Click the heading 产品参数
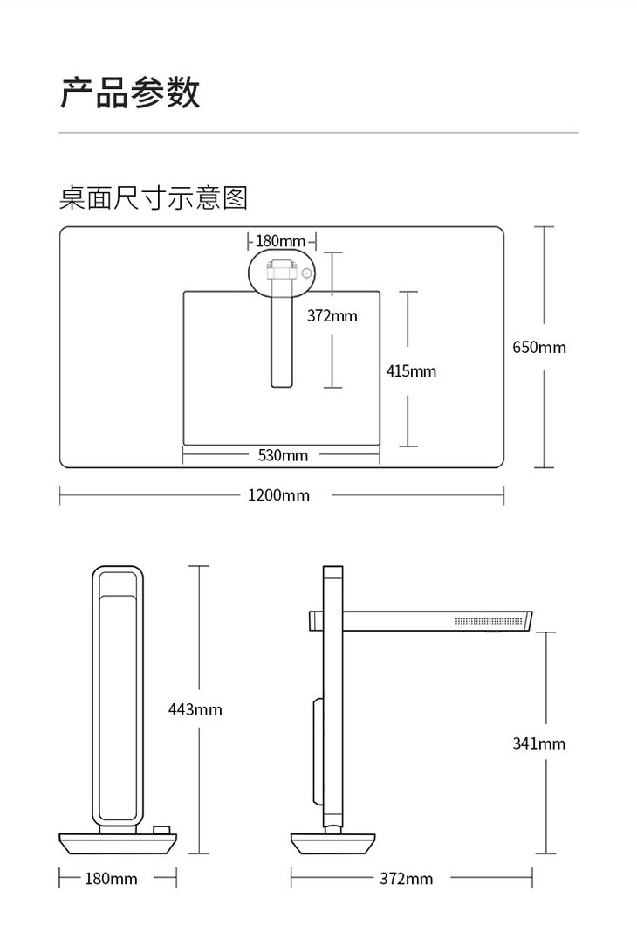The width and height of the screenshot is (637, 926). (130, 93)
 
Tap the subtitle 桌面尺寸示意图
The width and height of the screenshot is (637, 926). (154, 197)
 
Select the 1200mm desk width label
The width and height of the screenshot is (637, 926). (278, 495)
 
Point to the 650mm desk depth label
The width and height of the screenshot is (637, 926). (538, 347)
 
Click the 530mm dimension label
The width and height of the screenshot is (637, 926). (283, 454)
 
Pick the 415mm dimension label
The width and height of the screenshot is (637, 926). (411, 371)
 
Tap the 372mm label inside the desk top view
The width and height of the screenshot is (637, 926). (332, 315)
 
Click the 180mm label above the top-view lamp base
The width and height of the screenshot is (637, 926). (281, 240)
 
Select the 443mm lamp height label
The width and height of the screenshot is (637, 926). (195, 709)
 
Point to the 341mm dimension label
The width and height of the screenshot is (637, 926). (538, 743)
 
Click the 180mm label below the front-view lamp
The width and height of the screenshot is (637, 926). (111, 879)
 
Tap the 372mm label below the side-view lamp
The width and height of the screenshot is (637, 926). (406, 879)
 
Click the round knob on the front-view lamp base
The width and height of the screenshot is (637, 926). (161, 831)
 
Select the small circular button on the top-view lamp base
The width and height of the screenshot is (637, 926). (307, 274)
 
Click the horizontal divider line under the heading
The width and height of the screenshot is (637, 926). (318, 133)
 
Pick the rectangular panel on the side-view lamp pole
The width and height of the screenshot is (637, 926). (315, 752)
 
